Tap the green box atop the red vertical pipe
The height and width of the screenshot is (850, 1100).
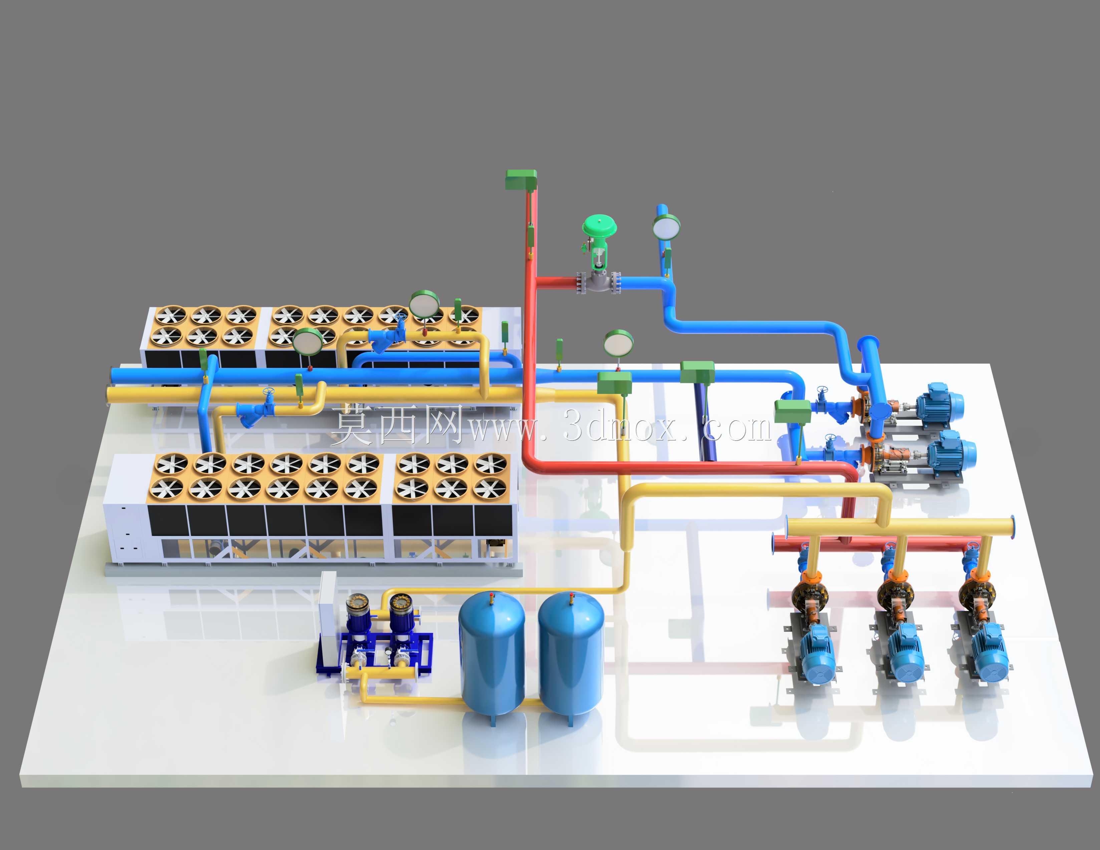(x=521, y=179)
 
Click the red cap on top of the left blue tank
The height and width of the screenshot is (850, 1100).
(x=491, y=598)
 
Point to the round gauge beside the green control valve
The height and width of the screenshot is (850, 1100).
(x=666, y=226)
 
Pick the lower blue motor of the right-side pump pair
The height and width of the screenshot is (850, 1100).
(x=951, y=452)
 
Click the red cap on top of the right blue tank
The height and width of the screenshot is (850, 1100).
(x=571, y=598)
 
